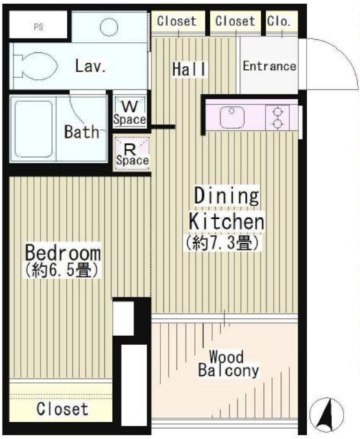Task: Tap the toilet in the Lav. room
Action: click(x=34, y=66)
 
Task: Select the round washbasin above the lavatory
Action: click(x=110, y=27)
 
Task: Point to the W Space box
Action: click(x=130, y=112)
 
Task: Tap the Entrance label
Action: click(x=269, y=67)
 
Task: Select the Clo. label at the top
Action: click(x=278, y=21)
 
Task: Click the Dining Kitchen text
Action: click(x=226, y=209)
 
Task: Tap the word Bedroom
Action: click(x=63, y=252)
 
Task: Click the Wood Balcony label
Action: click(x=228, y=364)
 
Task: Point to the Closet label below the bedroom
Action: click(x=62, y=410)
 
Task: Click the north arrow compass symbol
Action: click(x=327, y=412)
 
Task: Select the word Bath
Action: click(x=82, y=132)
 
